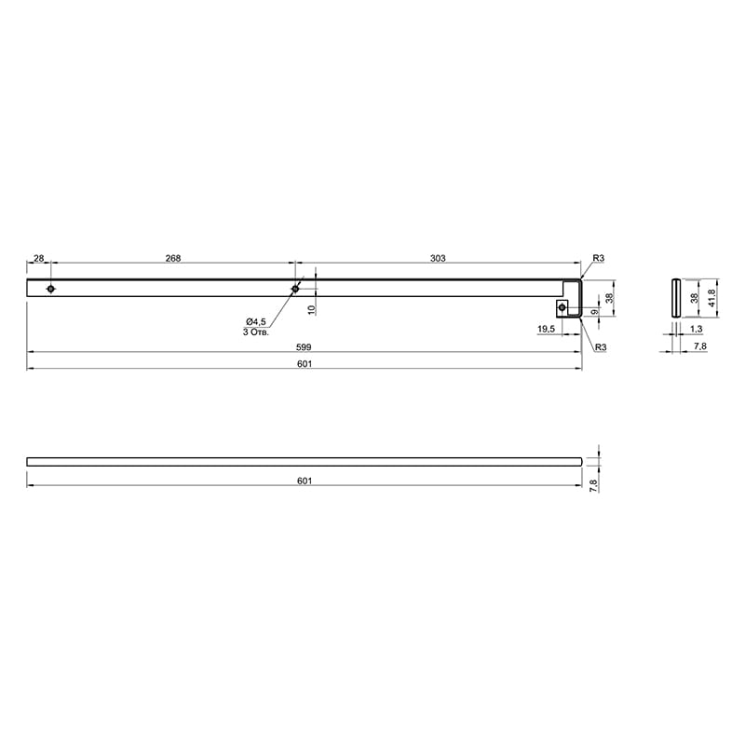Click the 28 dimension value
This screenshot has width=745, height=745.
39,259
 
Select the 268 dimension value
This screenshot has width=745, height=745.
173,259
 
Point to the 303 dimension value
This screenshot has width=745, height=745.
438,259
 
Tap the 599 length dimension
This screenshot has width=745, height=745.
304,347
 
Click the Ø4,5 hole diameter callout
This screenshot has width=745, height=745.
256,321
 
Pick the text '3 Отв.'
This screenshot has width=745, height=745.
256,332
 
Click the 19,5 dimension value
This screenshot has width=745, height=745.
547,329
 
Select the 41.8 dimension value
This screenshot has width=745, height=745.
711,298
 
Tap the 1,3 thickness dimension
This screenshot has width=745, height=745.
696,329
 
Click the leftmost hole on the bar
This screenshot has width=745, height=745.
51,289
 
